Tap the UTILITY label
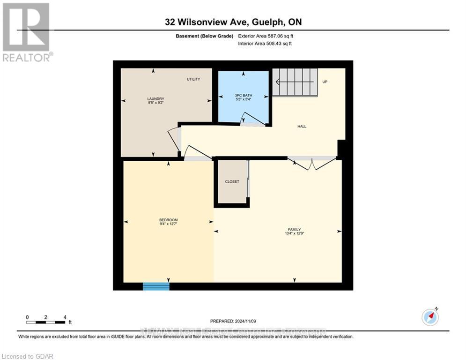(x=193, y=79)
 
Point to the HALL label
(x=302, y=126)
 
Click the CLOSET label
(x=232, y=181)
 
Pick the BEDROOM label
(x=168, y=220)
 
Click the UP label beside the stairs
(x=325, y=82)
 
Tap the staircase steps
(x=295, y=82)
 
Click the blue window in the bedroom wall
(x=156, y=286)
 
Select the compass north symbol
(x=430, y=316)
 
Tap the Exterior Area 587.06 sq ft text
(x=266, y=36)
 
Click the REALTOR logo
(x=26, y=32)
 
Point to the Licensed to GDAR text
(x=28, y=356)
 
